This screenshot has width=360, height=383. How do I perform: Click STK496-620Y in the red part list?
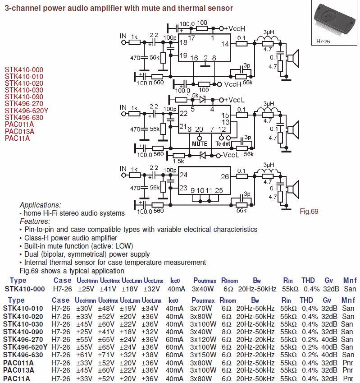coord(27,111)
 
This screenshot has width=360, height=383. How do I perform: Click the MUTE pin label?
coord(200,144)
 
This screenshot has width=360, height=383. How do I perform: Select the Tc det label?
coord(222,144)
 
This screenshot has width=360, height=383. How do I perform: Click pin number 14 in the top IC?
coord(225,44)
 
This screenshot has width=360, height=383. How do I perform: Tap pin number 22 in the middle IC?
coord(183,114)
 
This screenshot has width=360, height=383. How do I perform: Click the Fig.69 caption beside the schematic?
coord(310,211)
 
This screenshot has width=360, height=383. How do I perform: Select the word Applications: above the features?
coord(40,205)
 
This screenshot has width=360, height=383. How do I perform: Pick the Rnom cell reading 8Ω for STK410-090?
coord(226,331)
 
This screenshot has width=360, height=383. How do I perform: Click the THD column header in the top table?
coord(308,281)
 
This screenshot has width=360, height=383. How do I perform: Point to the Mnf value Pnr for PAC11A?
coord(349,378)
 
